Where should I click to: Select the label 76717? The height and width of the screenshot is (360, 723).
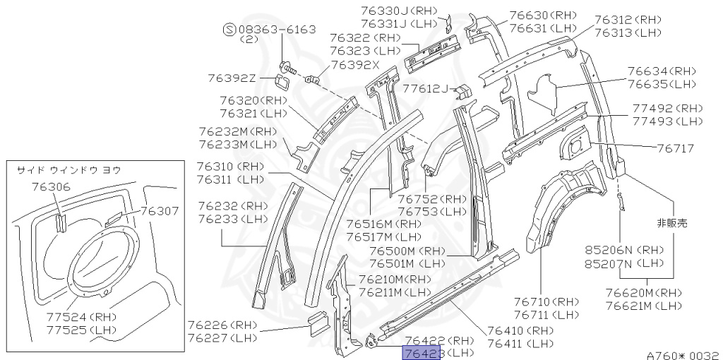[x=676, y=148]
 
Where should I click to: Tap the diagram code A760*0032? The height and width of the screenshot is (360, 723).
[x=682, y=355]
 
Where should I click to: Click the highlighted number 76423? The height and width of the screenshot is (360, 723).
[x=422, y=352]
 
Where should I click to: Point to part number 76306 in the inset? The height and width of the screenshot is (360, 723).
[x=51, y=187]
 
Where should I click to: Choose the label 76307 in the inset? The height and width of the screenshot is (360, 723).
[x=160, y=210]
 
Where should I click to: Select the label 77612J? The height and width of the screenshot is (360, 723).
[x=426, y=89]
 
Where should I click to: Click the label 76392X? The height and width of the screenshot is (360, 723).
[x=355, y=65]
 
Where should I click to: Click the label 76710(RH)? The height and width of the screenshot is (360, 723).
[x=545, y=301]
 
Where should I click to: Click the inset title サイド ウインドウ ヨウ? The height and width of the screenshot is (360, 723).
[x=68, y=169]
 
